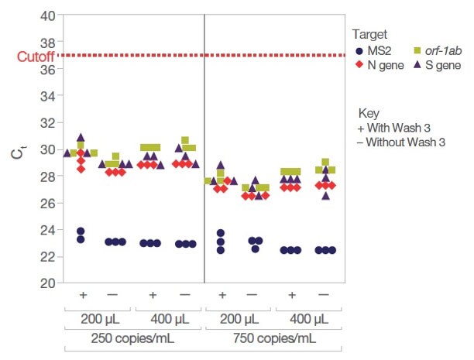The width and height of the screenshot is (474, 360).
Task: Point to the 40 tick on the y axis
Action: coord(46,15)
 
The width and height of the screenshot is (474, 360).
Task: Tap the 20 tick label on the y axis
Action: coord(46,283)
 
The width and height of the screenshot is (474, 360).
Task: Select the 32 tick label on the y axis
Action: coord(46,123)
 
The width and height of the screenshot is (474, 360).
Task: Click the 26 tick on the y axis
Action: coord(46,203)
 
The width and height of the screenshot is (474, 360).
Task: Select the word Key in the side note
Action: coord(369,112)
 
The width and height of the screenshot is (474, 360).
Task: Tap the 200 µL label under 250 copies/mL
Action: coord(99,319)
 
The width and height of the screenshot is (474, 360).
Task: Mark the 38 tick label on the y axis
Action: coord(46,43)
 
